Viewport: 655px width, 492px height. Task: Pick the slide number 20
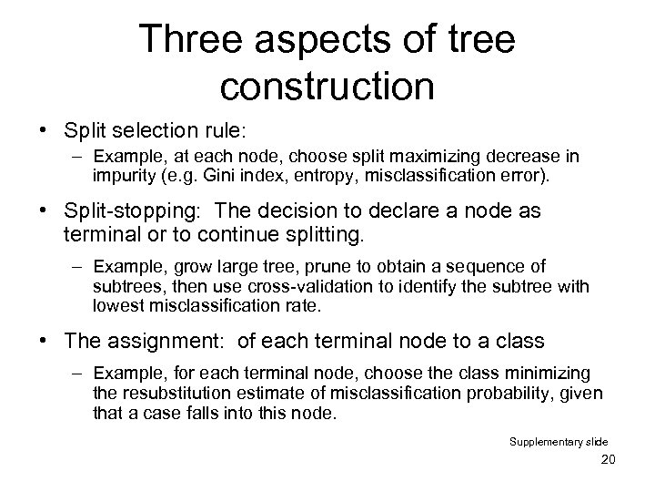609,458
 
